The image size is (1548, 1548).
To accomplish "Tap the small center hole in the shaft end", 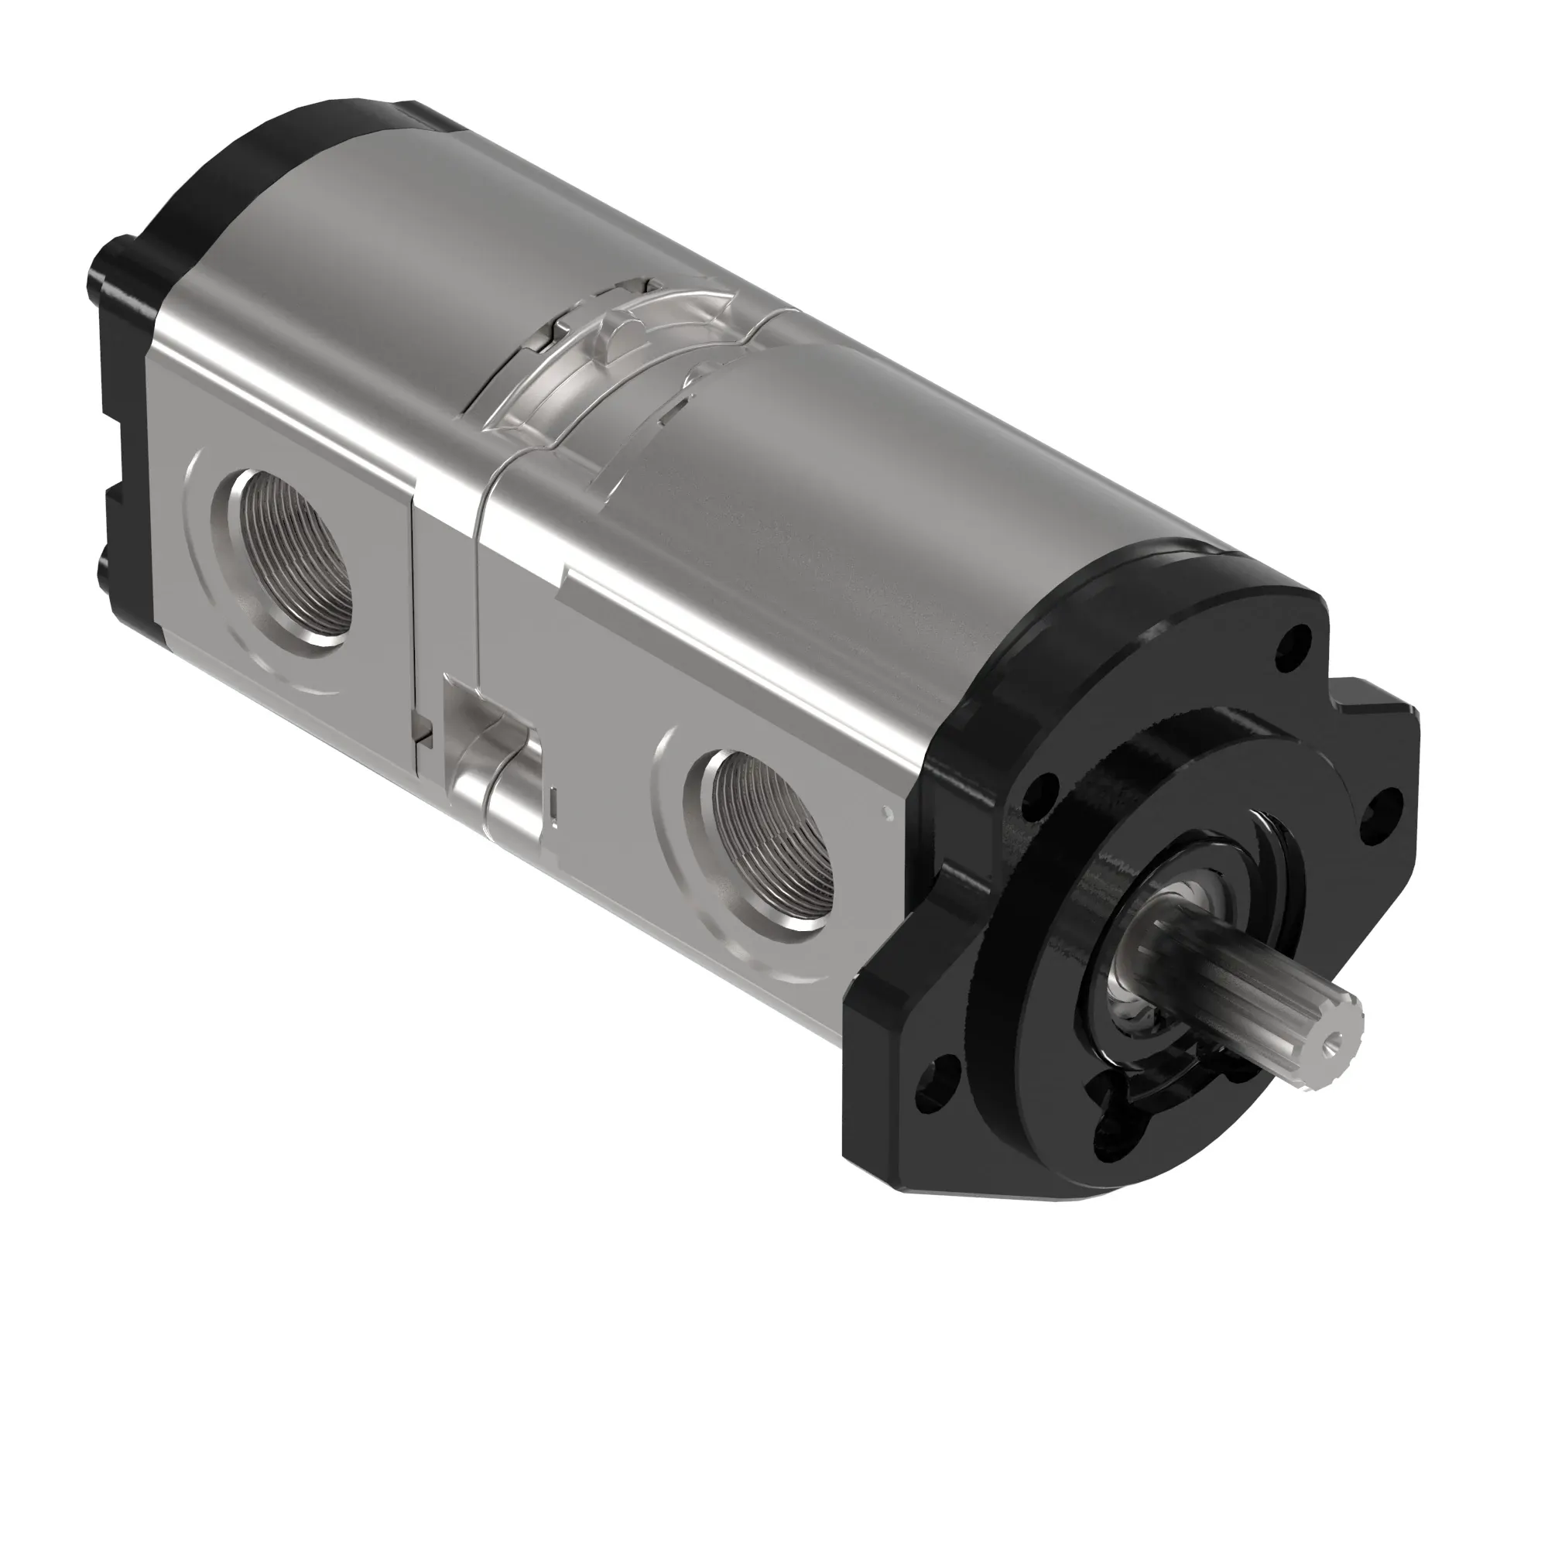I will coord(1333,1039).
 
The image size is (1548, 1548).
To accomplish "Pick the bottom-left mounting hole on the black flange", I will coord(943,1074).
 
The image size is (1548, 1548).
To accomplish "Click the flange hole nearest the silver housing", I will coord(1040,793).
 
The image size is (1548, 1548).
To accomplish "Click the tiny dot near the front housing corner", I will coord(885,813).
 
